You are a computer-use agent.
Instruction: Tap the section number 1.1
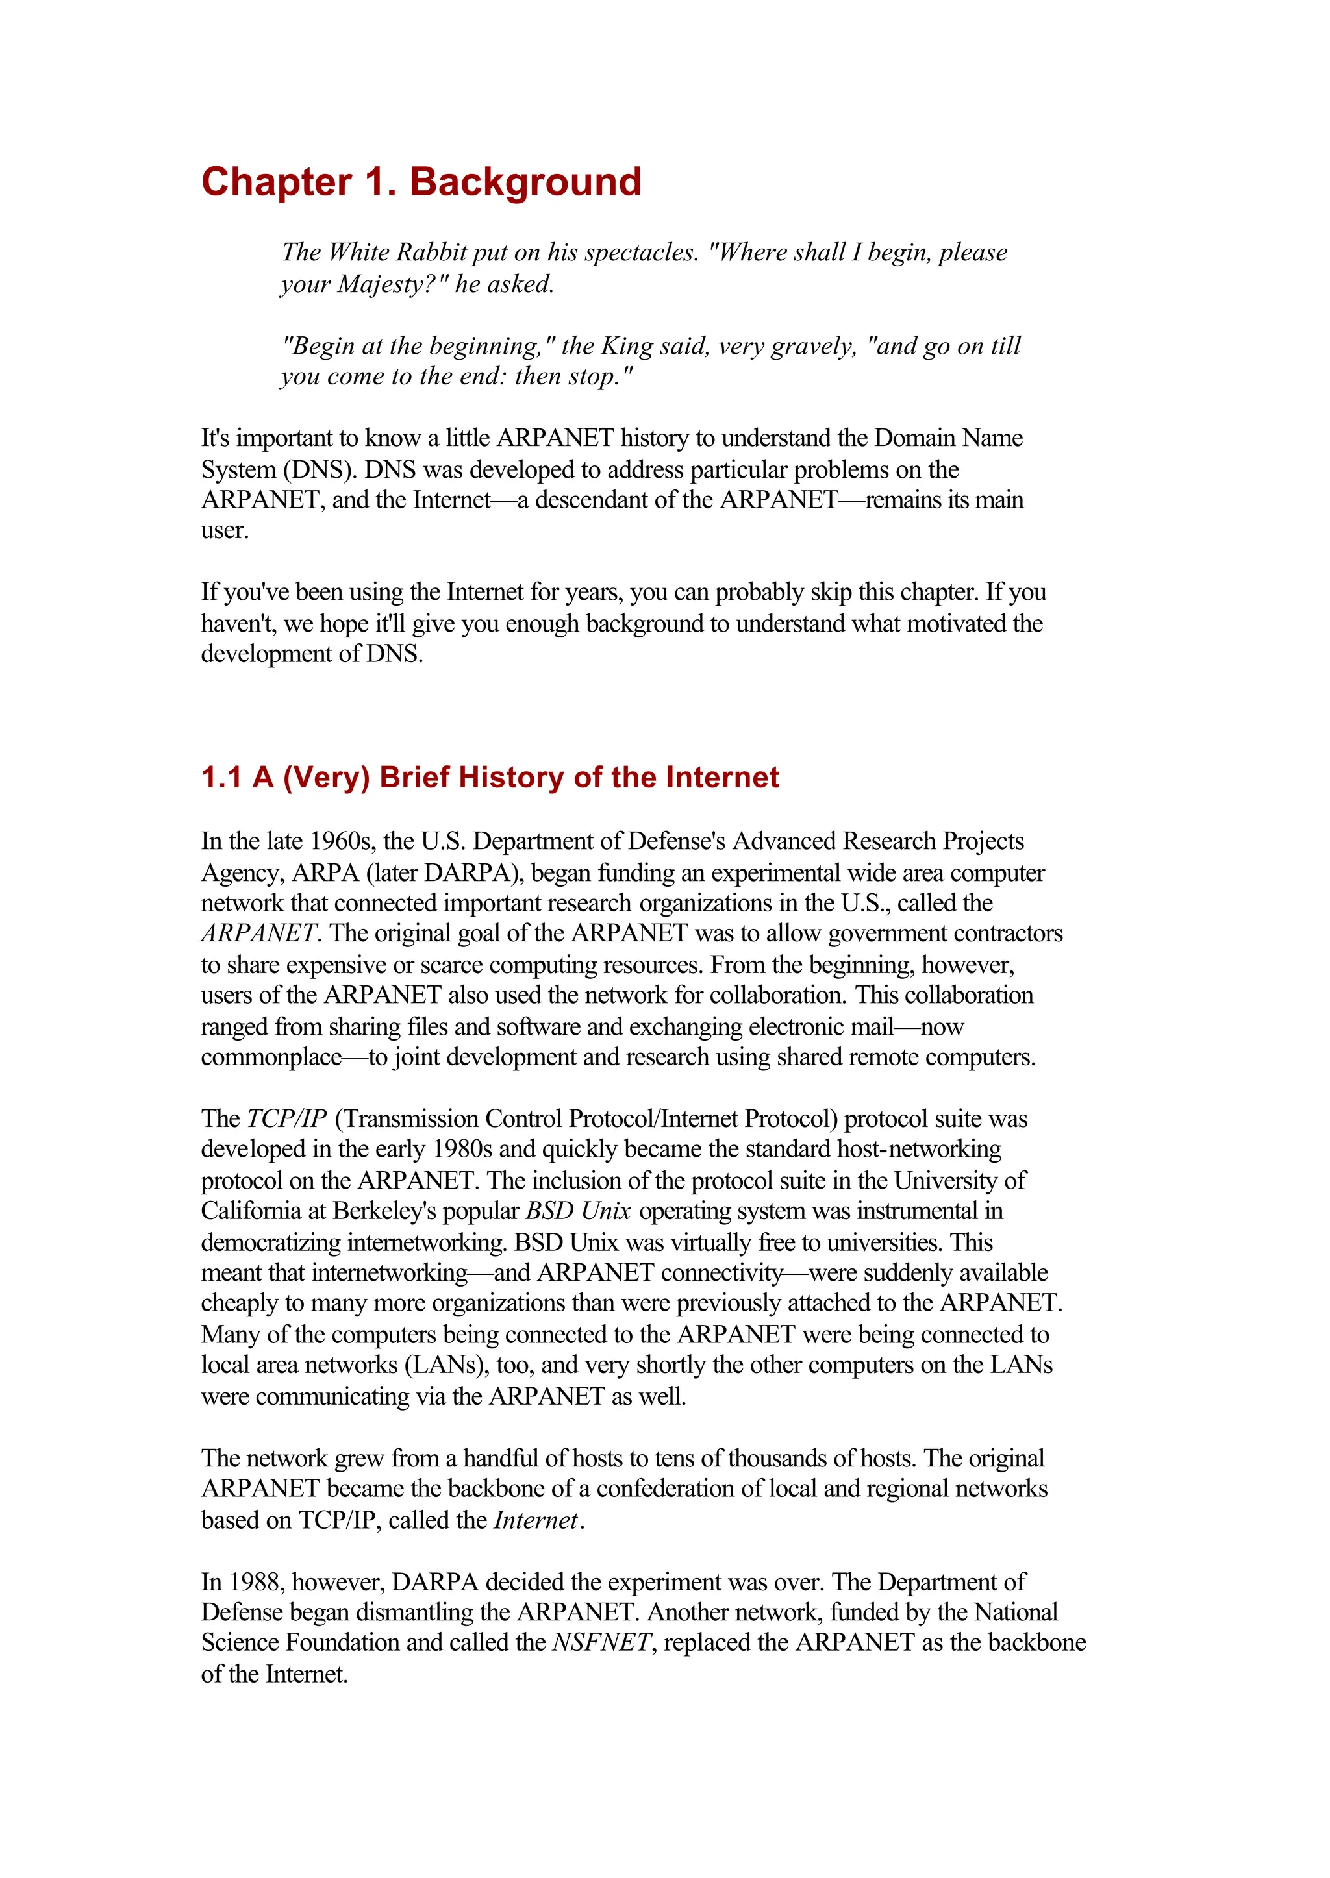click(220, 777)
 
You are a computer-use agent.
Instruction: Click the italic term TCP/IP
click(286, 1118)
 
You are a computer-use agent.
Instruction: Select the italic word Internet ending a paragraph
click(536, 1520)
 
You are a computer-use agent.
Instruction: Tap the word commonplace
click(271, 1057)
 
